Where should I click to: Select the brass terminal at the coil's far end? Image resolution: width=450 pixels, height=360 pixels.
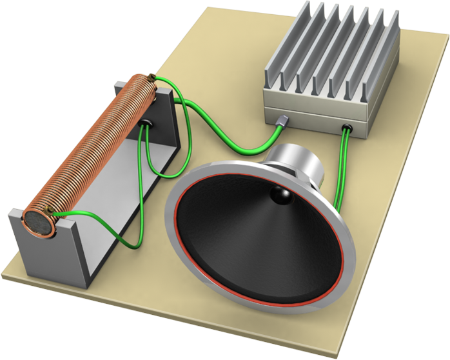tap(152, 78)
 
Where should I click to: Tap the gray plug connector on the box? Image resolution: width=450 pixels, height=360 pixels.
tap(284, 121)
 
